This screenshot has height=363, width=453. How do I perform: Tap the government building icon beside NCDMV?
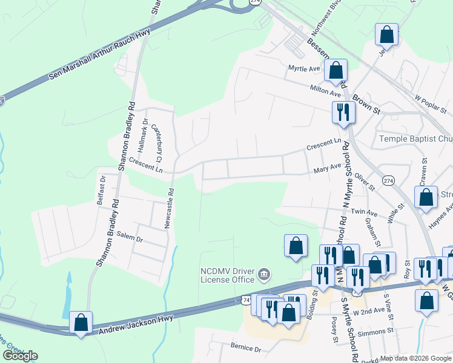pyautogui.click(x=263, y=275)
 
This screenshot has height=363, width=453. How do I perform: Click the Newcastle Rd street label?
pyautogui.click(x=170, y=208)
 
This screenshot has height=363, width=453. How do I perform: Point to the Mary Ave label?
pyautogui.click(x=327, y=169)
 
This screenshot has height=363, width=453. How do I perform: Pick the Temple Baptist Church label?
pyautogui.click(x=415, y=139)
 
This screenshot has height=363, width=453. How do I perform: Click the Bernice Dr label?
pyautogui.click(x=245, y=349)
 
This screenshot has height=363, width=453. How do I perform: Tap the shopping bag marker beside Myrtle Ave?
pyautogui.click(x=336, y=70)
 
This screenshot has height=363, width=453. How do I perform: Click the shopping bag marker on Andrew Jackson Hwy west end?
pyautogui.click(x=80, y=322)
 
